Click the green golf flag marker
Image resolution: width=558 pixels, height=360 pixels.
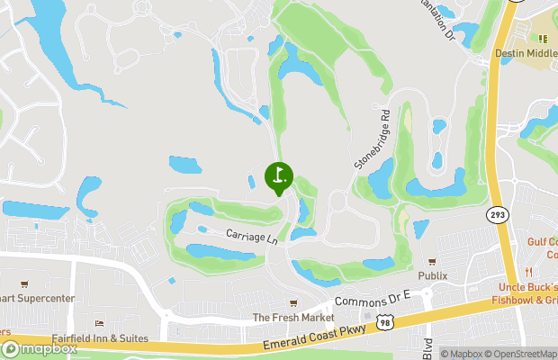click(278, 176)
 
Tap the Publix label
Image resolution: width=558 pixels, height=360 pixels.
click(433, 275)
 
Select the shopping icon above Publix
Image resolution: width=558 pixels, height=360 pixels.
click(433, 261)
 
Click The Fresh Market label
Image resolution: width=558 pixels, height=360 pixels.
click(292, 318)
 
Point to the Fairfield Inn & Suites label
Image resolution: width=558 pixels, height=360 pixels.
click(99, 337)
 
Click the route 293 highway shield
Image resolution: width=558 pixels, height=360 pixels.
click(497, 214)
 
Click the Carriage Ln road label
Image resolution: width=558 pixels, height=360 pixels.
click(251, 238)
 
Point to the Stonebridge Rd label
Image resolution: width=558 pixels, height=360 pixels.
click(372, 140)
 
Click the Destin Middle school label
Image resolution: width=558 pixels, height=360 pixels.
click(526, 53)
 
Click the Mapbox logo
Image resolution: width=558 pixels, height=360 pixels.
click(38, 348)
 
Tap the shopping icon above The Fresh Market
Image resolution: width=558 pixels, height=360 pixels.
click(292, 303)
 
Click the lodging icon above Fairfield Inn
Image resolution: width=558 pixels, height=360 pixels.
click(99, 323)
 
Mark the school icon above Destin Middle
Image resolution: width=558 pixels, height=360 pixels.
click(543, 39)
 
